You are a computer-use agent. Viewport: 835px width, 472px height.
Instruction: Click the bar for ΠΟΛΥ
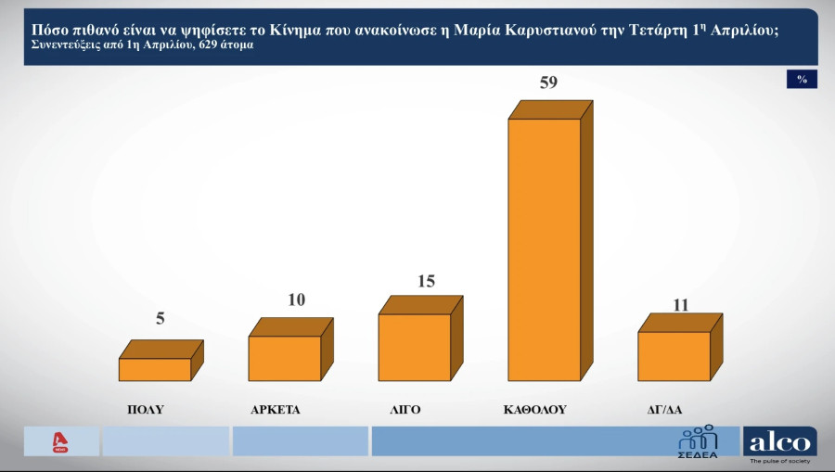(155, 369)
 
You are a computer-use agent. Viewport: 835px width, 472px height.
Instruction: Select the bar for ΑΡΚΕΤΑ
(285, 358)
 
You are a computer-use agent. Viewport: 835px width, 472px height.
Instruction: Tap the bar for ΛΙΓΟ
(415, 347)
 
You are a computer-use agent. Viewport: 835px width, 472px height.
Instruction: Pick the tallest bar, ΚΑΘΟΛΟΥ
(545, 249)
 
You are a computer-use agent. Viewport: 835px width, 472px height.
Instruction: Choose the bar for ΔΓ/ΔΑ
(674, 356)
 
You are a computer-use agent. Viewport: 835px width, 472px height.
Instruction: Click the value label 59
(548, 83)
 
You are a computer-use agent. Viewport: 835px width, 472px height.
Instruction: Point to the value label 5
(161, 319)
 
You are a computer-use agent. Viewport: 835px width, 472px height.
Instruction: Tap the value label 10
(296, 300)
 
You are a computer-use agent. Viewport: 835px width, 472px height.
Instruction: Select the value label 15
(426, 281)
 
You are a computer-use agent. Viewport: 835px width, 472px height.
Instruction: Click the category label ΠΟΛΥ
(146, 409)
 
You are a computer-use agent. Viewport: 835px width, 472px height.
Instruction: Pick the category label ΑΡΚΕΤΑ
(276, 409)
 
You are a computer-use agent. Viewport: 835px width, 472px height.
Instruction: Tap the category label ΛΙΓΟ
(406, 409)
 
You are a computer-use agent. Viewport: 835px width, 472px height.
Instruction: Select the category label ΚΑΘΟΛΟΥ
(534, 409)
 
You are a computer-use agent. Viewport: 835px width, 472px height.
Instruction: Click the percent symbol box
(802, 80)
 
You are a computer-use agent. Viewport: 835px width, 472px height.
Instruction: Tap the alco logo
(779, 443)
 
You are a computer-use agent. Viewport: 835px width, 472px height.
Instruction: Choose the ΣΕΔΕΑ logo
(698, 441)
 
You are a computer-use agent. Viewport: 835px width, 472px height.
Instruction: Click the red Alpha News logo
(61, 442)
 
